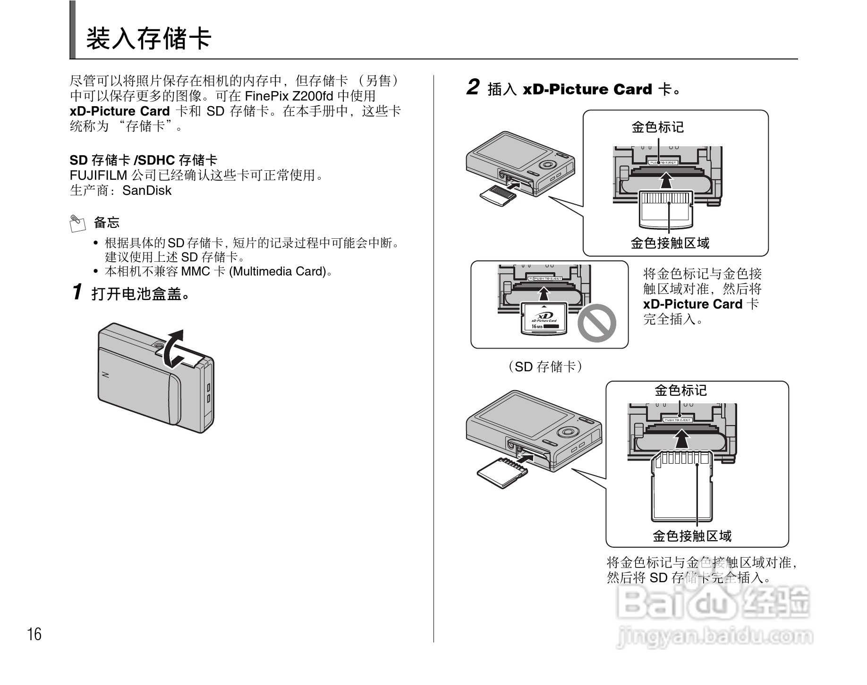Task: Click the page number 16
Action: coord(34,634)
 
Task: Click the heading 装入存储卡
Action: coord(148,39)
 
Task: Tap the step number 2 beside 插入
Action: coord(473,88)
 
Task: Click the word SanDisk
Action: coord(146,191)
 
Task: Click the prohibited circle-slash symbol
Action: coord(597,323)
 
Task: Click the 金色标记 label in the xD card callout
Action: coord(657,127)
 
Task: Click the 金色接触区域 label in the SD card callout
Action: coord(692,536)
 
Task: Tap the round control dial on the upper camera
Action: coord(548,165)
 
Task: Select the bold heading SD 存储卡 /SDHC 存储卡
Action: coord(144,160)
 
